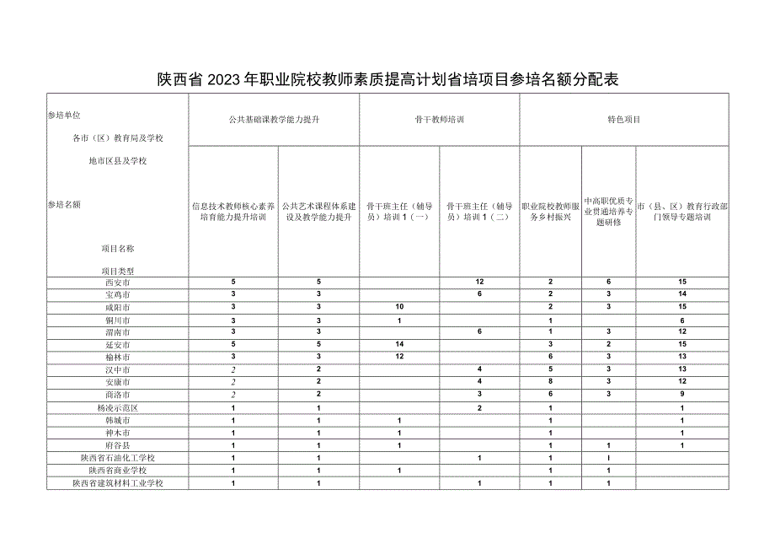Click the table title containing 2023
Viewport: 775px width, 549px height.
387,80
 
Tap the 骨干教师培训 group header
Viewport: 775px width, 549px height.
439,120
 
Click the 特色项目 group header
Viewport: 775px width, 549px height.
623,120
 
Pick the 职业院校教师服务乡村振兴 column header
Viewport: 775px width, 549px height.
550,211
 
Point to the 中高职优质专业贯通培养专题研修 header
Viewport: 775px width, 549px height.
608,211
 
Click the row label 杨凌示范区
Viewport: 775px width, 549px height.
118,408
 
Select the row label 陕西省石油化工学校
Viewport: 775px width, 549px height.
118,458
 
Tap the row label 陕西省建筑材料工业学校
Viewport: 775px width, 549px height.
118,483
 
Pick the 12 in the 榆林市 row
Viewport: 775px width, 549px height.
399,358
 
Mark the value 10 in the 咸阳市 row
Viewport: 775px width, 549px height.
399,308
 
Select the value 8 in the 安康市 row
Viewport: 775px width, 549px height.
550,383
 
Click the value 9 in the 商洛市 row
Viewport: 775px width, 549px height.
681,396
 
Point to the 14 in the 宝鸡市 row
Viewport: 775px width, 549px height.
681,295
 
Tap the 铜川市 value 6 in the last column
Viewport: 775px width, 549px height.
681,320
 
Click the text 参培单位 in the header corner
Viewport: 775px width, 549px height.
64,115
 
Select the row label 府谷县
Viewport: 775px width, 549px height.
118,445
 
